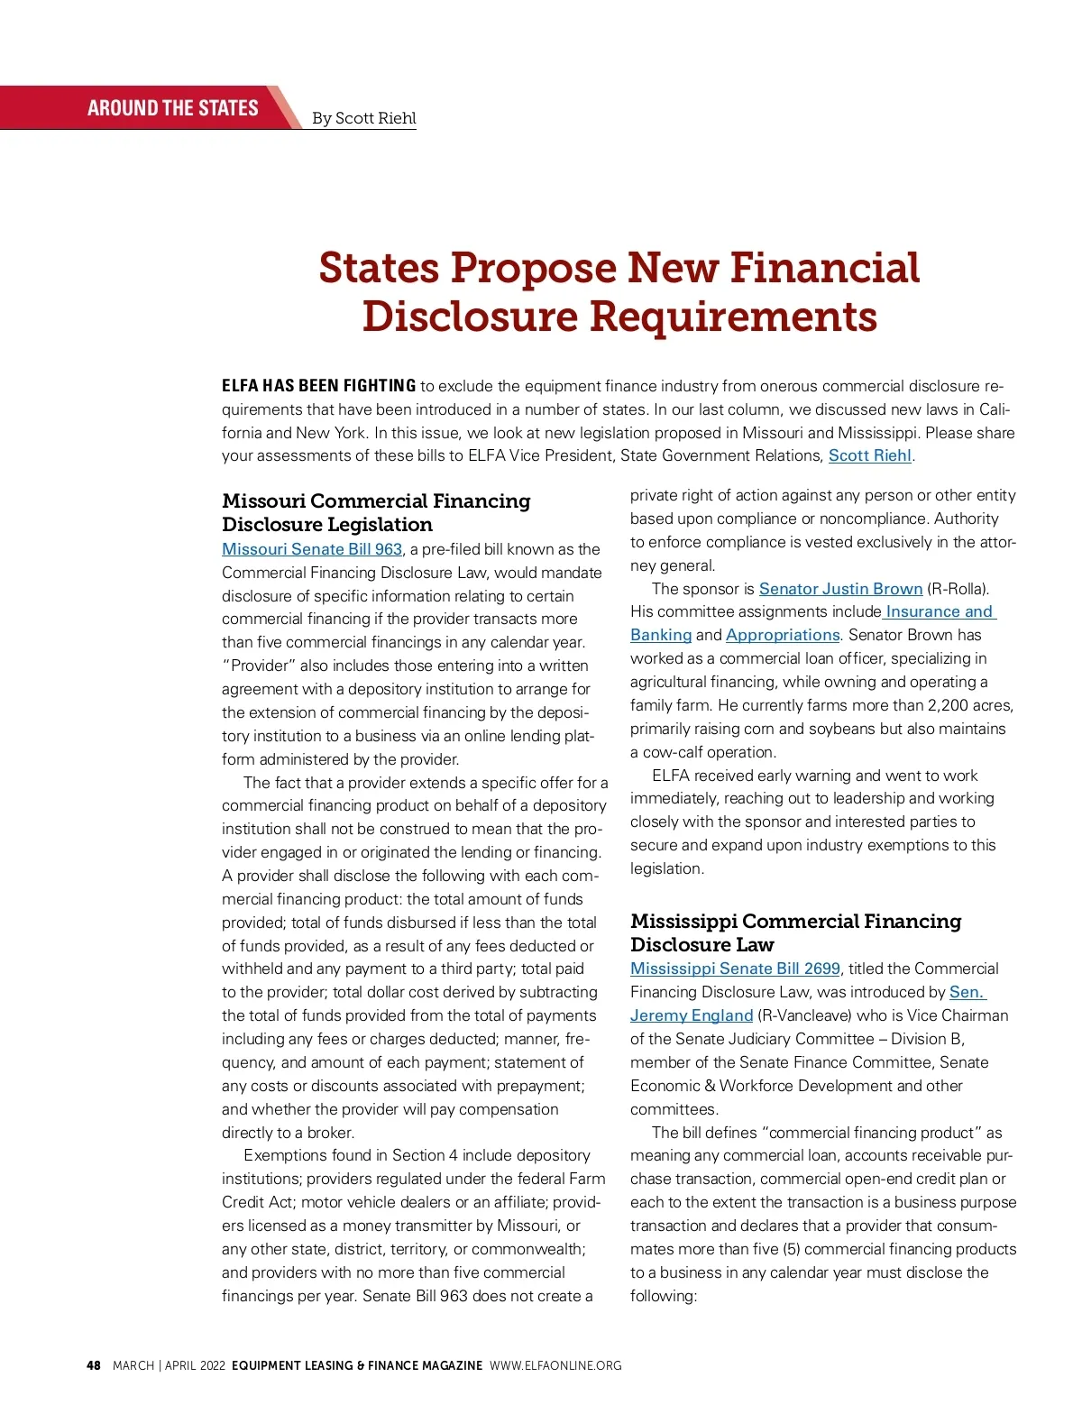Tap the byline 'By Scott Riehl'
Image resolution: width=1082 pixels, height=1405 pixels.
tap(363, 118)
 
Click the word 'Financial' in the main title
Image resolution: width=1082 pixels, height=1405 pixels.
tap(824, 268)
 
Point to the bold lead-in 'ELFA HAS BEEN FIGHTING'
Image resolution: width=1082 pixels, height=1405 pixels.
tap(318, 386)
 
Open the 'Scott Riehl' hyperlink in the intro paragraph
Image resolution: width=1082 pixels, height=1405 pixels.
tap(869, 455)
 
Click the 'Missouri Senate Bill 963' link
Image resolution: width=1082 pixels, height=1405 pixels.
tap(312, 549)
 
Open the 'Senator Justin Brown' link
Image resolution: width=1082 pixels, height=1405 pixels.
tap(840, 589)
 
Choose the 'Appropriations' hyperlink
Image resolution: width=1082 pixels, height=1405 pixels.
tap(782, 635)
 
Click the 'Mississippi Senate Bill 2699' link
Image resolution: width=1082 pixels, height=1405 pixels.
tap(735, 969)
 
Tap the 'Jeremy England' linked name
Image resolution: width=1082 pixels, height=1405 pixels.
tap(692, 1015)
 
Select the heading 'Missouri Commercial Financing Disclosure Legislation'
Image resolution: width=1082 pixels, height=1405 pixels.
tap(376, 512)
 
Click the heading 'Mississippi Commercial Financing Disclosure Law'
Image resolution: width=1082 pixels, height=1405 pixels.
tap(795, 932)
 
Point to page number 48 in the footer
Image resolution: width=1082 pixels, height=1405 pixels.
tap(94, 1365)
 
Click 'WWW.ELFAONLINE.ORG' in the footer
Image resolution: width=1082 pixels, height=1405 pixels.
tap(555, 1365)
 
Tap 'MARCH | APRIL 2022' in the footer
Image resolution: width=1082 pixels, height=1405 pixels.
tap(169, 1365)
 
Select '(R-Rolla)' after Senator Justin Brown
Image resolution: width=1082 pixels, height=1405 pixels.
tap(958, 589)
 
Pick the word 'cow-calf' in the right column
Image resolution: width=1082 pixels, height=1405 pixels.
tap(673, 752)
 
